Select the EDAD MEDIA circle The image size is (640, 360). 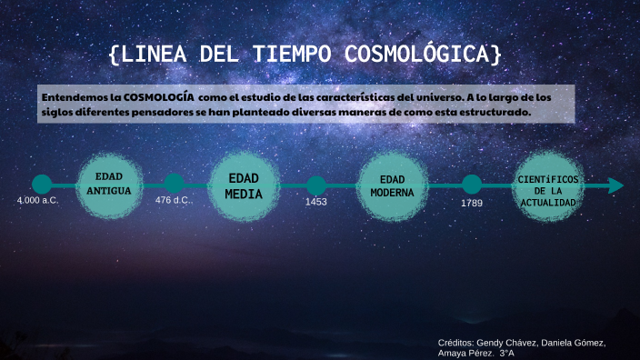tap(244, 185)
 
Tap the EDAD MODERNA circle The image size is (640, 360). tap(392, 186)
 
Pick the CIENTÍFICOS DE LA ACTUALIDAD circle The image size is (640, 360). tap(547, 186)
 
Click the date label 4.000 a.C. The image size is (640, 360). tap(37, 199)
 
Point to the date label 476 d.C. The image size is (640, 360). tap(173, 199)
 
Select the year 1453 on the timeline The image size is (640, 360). tap(315, 202)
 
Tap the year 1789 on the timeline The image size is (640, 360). tap(471, 203)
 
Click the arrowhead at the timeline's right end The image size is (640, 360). tap(616, 185)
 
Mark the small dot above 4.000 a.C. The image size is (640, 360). tap(42, 185)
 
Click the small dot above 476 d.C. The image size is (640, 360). tap(174, 185)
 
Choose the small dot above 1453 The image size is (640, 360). tap(315, 185)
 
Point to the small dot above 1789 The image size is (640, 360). tap(472, 185)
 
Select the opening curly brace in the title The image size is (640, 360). tap(113, 55)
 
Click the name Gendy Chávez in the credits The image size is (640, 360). tap(510, 343)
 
